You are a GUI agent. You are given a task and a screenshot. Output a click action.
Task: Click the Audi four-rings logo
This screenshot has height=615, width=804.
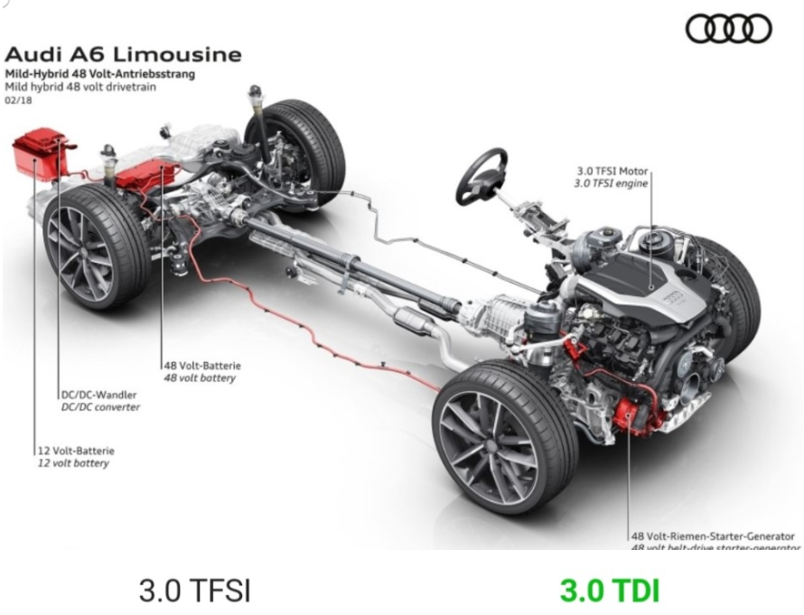click(x=729, y=29)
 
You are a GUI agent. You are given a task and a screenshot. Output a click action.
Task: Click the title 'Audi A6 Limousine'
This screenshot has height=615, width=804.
click(x=124, y=54)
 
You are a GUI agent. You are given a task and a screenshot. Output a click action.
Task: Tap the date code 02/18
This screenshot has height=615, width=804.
click(x=17, y=101)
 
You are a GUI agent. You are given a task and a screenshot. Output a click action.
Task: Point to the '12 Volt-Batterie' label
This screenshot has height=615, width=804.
click(x=76, y=450)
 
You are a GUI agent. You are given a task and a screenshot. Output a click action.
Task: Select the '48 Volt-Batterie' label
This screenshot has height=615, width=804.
click(x=201, y=366)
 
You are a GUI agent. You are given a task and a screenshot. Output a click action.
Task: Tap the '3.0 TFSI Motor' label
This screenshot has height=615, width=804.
click(x=612, y=171)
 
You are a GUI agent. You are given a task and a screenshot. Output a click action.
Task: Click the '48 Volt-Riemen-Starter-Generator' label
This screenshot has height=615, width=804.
click(x=714, y=536)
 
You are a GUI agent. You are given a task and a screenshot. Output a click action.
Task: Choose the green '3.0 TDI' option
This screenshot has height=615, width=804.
click(x=609, y=591)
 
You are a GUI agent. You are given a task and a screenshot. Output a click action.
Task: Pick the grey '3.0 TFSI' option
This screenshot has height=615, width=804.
click(x=194, y=591)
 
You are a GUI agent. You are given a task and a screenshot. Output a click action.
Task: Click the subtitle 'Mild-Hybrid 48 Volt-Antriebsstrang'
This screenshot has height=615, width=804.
click(x=100, y=73)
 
